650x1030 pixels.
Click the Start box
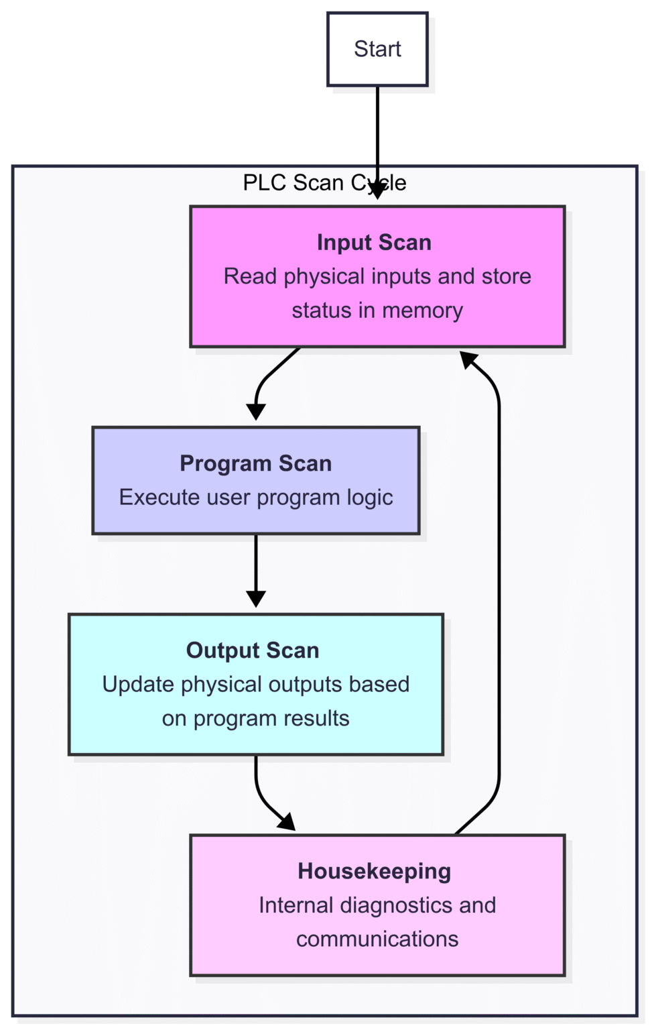click(x=377, y=49)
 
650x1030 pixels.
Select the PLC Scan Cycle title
click(x=324, y=182)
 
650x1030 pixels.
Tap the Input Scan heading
click(x=374, y=242)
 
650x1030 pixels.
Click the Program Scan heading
click(x=255, y=463)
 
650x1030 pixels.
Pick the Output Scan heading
click(x=253, y=650)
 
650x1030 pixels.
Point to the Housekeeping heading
click(x=374, y=871)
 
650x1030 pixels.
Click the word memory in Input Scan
click(x=422, y=310)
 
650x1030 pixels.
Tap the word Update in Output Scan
click(x=138, y=685)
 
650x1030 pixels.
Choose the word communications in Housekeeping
click(x=377, y=939)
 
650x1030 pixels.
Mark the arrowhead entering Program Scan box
click(x=256, y=412)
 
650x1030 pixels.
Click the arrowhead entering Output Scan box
click(x=256, y=599)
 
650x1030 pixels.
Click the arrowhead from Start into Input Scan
click(x=377, y=191)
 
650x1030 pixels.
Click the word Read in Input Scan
click(x=250, y=276)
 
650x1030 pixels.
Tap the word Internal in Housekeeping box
click(x=296, y=905)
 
